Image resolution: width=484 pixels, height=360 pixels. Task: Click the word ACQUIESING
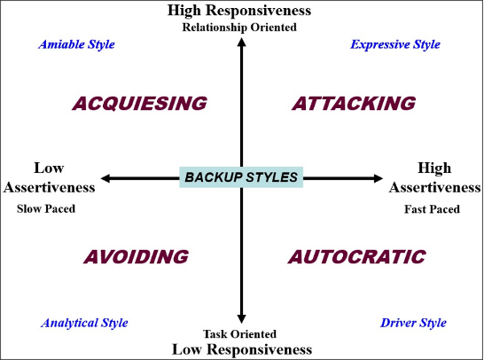tap(139, 104)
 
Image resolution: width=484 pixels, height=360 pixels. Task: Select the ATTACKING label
tap(354, 104)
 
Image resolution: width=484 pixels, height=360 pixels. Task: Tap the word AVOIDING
tap(137, 257)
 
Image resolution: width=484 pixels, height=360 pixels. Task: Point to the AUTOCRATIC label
tap(357, 257)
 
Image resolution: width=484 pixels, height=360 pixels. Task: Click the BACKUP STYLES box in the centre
tap(241, 177)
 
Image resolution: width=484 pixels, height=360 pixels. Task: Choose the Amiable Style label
tap(76, 44)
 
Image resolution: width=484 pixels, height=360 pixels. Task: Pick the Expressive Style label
tap(395, 44)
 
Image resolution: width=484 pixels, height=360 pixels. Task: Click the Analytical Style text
tap(84, 323)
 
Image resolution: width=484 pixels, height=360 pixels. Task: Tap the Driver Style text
tap(413, 323)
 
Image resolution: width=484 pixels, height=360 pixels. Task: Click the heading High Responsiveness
tap(239, 10)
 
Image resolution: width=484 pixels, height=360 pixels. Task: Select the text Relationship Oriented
tap(239, 27)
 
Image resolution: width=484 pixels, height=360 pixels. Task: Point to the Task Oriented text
tap(240, 333)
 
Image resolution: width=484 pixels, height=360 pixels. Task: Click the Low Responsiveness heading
tap(242, 349)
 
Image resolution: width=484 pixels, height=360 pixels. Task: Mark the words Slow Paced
tap(46, 208)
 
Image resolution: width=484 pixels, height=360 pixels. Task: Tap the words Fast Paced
tap(433, 209)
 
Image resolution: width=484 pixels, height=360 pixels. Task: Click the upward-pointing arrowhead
tap(241, 42)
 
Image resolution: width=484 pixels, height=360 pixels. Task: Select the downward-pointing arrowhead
tap(241, 319)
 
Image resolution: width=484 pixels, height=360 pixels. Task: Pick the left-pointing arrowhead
tap(105, 178)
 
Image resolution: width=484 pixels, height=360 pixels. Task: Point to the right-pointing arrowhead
tap(379, 178)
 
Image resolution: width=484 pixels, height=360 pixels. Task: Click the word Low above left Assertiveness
tap(49, 168)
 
